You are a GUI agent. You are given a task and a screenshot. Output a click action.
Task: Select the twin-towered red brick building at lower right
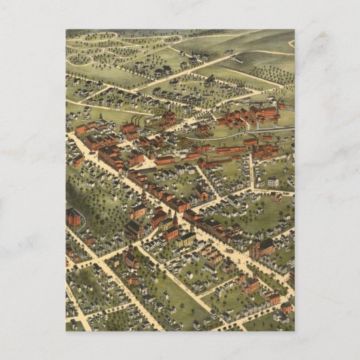click(x=262, y=248)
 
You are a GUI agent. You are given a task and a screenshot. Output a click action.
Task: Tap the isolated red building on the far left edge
click(x=73, y=217)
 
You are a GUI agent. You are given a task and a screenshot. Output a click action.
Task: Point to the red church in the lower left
click(x=129, y=259)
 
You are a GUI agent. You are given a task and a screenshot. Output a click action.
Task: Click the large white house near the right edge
click(x=272, y=182)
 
